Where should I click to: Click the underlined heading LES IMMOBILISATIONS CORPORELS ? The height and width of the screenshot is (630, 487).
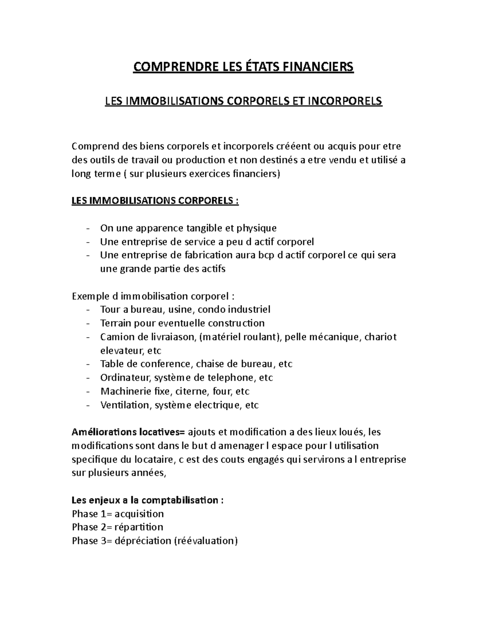pyautogui.click(x=155, y=201)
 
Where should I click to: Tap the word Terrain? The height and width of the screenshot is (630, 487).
pyautogui.click(x=116, y=323)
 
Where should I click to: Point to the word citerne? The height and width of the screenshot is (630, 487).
pyautogui.click(x=191, y=391)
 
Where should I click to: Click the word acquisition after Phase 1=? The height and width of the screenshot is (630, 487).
pyautogui.click(x=139, y=514)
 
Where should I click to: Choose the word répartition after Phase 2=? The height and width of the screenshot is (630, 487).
pyautogui.click(x=139, y=527)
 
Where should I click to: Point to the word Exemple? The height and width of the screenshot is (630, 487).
pyautogui.click(x=88, y=297)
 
